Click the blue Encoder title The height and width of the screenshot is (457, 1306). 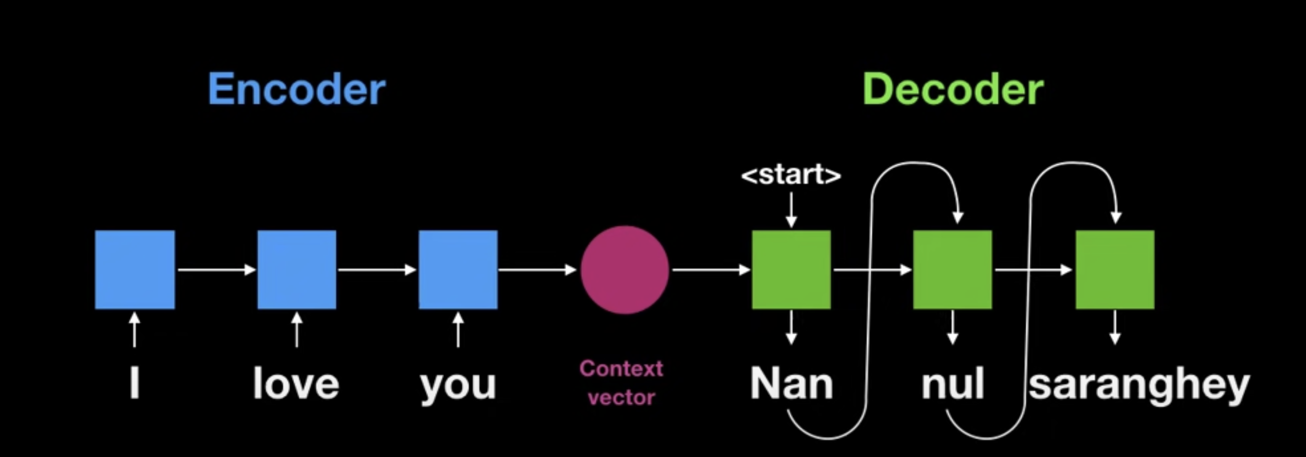click(x=297, y=89)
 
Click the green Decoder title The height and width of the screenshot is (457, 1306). click(x=953, y=89)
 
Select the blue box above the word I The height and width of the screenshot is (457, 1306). click(x=135, y=270)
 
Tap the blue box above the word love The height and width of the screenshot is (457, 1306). click(x=297, y=270)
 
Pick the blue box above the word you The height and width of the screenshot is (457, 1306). click(x=458, y=270)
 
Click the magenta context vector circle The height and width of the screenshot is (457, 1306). click(x=624, y=270)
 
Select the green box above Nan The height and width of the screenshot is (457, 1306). click(x=791, y=270)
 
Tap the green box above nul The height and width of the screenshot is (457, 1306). click(x=952, y=270)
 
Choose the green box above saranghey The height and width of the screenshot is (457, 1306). click(x=1115, y=270)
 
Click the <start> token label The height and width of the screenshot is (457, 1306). click(x=791, y=175)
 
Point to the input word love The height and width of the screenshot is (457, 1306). click(x=296, y=384)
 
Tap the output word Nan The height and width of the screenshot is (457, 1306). click(x=791, y=384)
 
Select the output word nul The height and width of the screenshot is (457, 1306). click(x=953, y=384)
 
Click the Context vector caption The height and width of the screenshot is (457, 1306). click(x=621, y=383)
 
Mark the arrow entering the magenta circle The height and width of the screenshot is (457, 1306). click(x=538, y=270)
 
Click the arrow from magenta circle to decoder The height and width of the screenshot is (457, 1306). click(x=711, y=270)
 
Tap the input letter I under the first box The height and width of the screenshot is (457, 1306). click(x=134, y=384)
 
